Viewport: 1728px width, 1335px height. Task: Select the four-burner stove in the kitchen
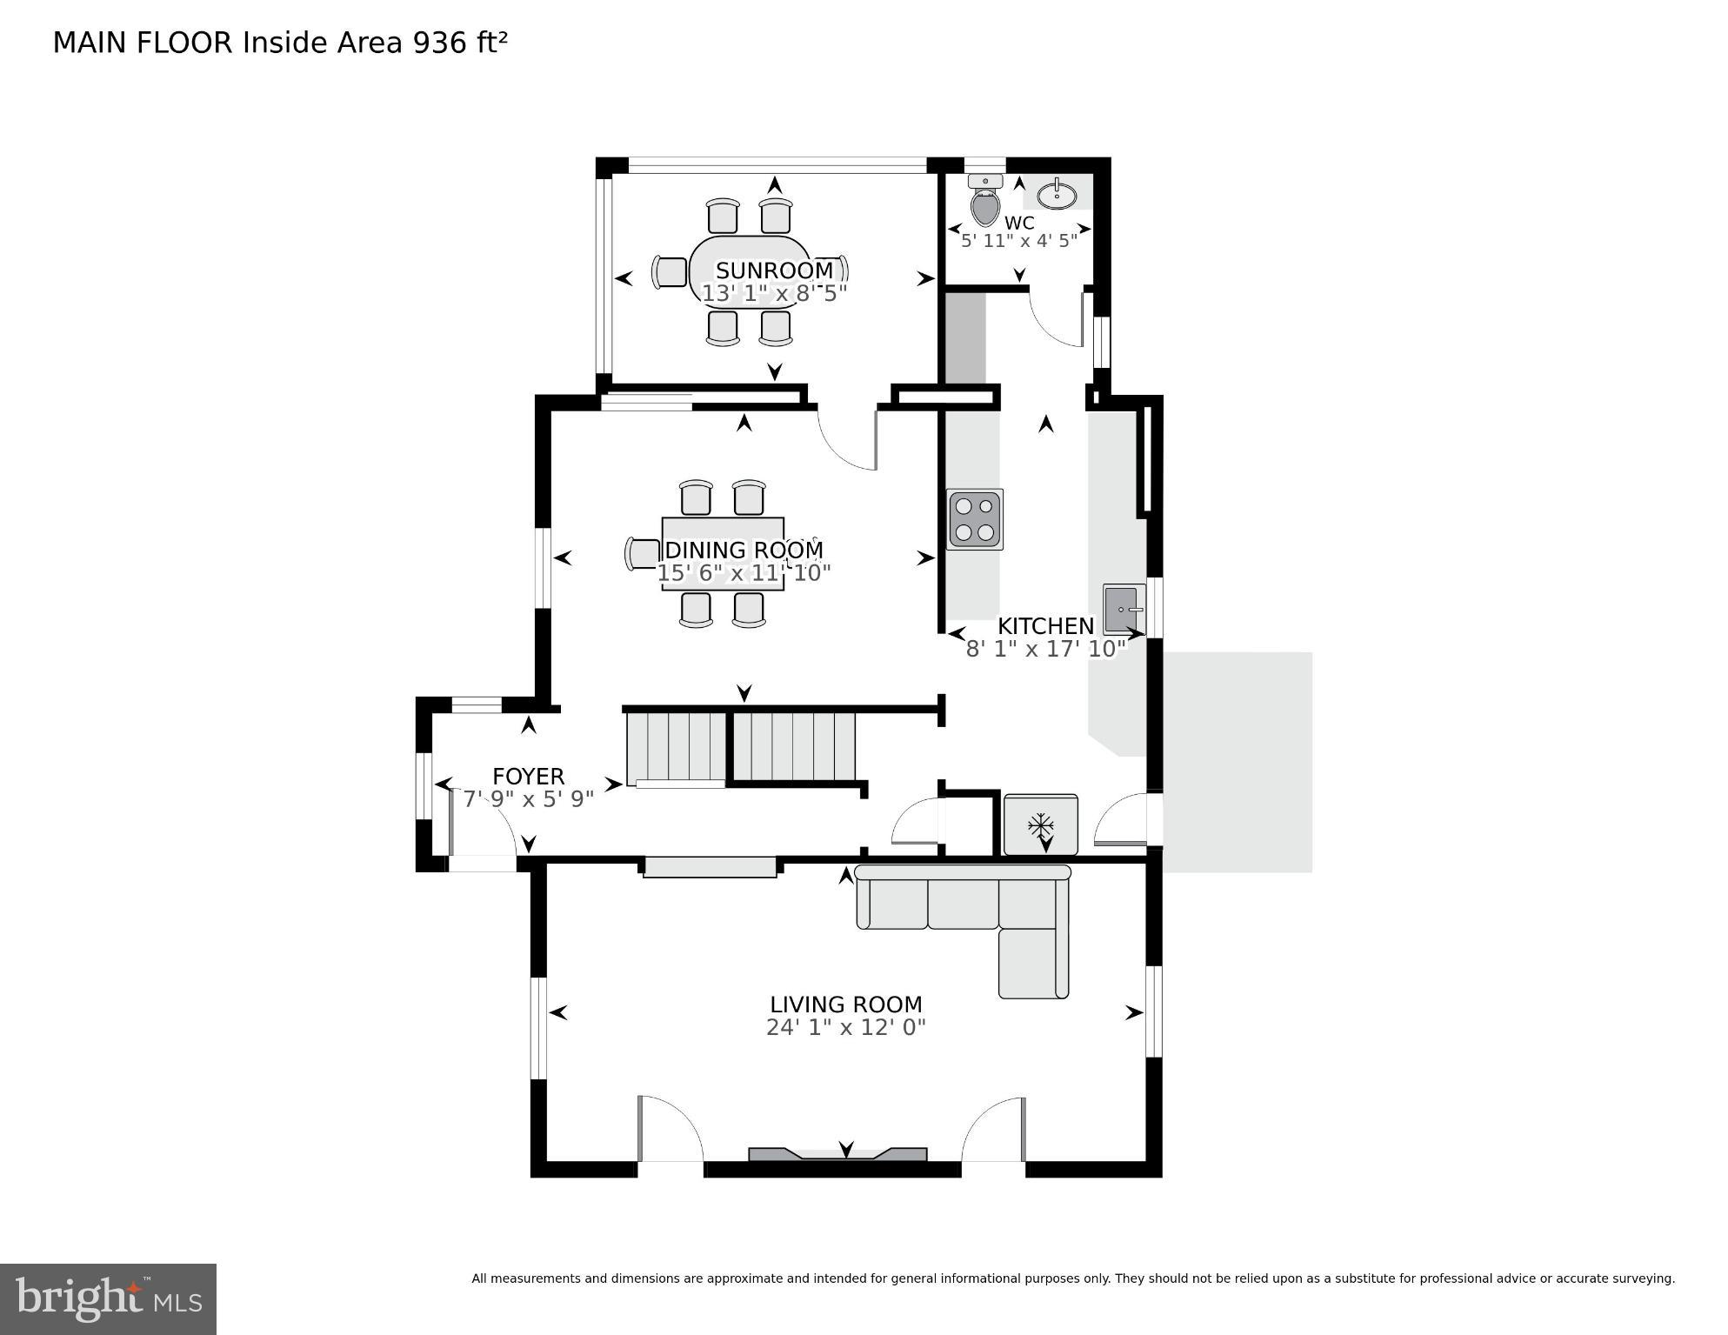[974, 519]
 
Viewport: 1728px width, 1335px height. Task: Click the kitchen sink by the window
[1122, 608]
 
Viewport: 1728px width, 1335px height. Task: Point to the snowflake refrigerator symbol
[1040, 824]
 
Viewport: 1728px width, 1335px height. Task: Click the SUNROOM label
[774, 270]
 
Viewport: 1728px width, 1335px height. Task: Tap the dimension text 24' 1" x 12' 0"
[845, 1028]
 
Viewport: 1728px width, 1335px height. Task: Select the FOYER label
[528, 777]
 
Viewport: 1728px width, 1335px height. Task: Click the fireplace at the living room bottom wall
[837, 1154]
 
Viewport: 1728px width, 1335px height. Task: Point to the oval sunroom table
[750, 270]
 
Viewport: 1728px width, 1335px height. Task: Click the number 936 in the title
[440, 43]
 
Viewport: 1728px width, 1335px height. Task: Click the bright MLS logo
[108, 1298]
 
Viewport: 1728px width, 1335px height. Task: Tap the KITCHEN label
[1044, 626]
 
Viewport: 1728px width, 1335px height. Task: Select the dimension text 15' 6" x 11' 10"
[744, 573]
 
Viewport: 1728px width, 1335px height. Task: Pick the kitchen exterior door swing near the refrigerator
[1122, 822]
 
